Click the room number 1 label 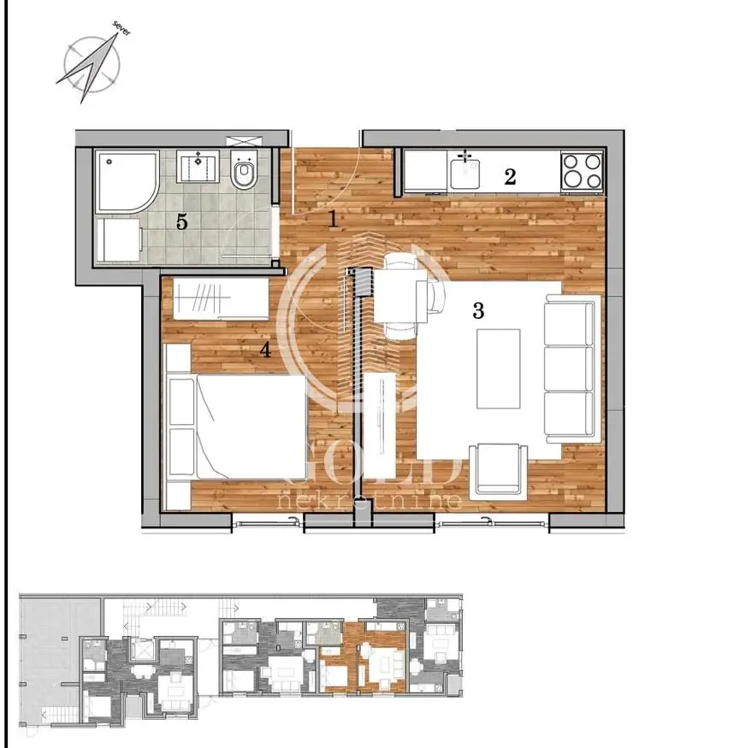[x=333, y=219]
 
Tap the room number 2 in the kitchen [x=510, y=177]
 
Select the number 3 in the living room [x=478, y=311]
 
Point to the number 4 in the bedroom [x=265, y=349]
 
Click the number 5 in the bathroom [x=181, y=222]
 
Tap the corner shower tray [x=125, y=180]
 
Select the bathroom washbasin [x=198, y=166]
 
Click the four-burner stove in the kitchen [x=582, y=171]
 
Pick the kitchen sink [x=464, y=171]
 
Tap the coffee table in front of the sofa [x=497, y=368]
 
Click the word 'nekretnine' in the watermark [x=370, y=500]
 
